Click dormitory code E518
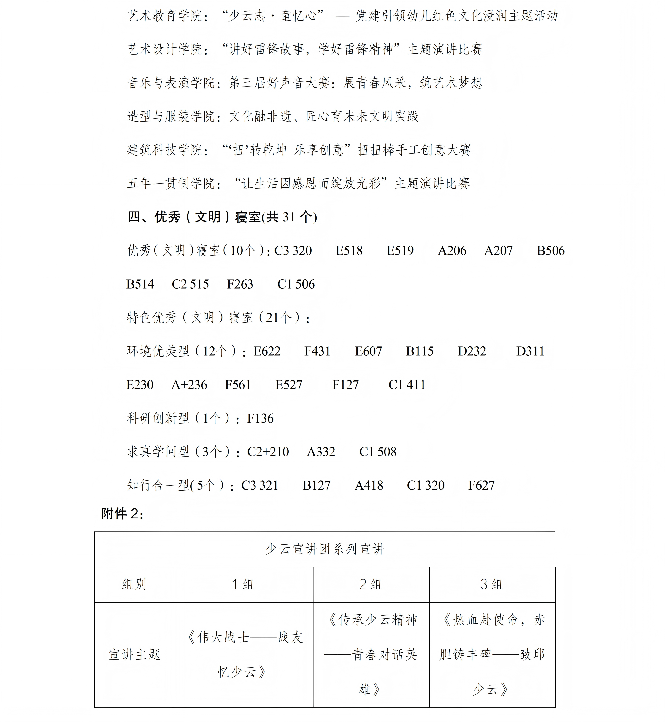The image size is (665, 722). (x=349, y=251)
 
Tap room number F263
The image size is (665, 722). (x=240, y=284)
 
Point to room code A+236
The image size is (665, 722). (x=189, y=385)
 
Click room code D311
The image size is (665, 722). (x=530, y=351)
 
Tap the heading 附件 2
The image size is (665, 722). (x=122, y=514)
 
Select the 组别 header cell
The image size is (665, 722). (x=134, y=584)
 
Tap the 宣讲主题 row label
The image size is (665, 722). (x=134, y=654)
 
